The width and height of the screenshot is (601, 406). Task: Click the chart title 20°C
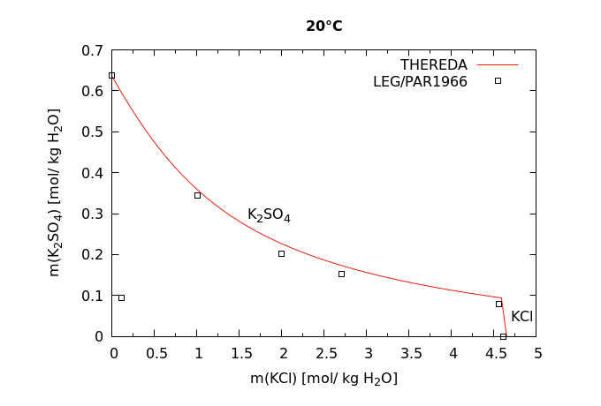point(323,26)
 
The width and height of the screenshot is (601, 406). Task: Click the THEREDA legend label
point(433,64)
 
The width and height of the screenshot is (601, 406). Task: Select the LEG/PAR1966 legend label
point(420,81)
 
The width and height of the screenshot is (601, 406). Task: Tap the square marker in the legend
point(498,80)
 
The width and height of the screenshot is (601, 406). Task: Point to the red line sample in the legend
point(498,64)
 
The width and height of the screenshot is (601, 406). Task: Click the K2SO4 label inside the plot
point(269,214)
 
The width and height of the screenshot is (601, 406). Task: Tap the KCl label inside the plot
point(521,316)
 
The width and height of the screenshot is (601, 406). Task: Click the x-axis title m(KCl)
point(323,379)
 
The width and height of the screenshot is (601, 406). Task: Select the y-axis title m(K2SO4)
point(55,192)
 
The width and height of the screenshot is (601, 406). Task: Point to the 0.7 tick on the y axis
point(93,50)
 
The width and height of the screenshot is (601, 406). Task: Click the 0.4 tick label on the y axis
point(93,173)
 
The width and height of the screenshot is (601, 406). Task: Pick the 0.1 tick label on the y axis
point(93,296)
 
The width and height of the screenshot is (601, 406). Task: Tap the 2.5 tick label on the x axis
point(325,353)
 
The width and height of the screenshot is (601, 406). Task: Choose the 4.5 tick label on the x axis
point(495,353)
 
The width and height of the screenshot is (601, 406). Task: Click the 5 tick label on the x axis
point(536,353)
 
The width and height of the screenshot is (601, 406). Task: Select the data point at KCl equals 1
point(197,195)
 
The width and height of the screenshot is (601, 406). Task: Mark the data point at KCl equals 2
point(282,253)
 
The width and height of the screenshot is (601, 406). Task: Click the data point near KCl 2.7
point(341,274)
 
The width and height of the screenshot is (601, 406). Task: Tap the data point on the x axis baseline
point(503,336)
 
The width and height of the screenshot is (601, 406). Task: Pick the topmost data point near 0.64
point(111,75)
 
